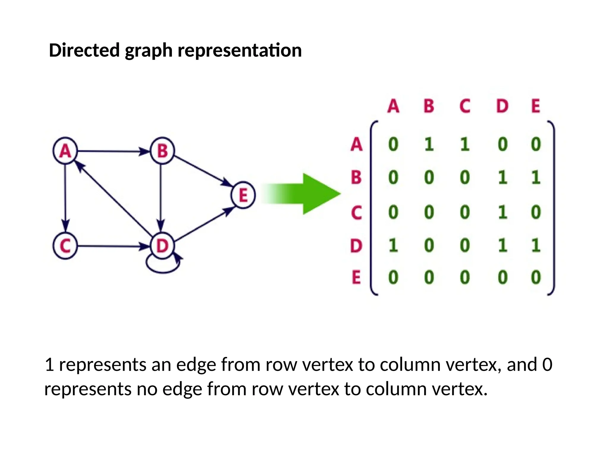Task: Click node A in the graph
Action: coord(65,151)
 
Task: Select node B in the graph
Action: coord(162,151)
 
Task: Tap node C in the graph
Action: coord(65,246)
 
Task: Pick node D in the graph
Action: coord(162,246)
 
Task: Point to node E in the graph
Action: coord(243,195)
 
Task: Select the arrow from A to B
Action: coord(113,151)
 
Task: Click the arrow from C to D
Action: coord(113,246)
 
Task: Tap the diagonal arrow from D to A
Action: coord(114,200)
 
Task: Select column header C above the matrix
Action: coord(465,106)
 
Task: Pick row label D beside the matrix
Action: coord(356,246)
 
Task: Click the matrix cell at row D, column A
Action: coord(393,246)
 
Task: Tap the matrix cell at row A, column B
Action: coord(429,145)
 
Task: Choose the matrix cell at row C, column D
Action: coord(503,212)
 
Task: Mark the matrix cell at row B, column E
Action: coord(536,178)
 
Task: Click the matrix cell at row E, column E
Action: coord(536,277)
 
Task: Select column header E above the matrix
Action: coord(536,106)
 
